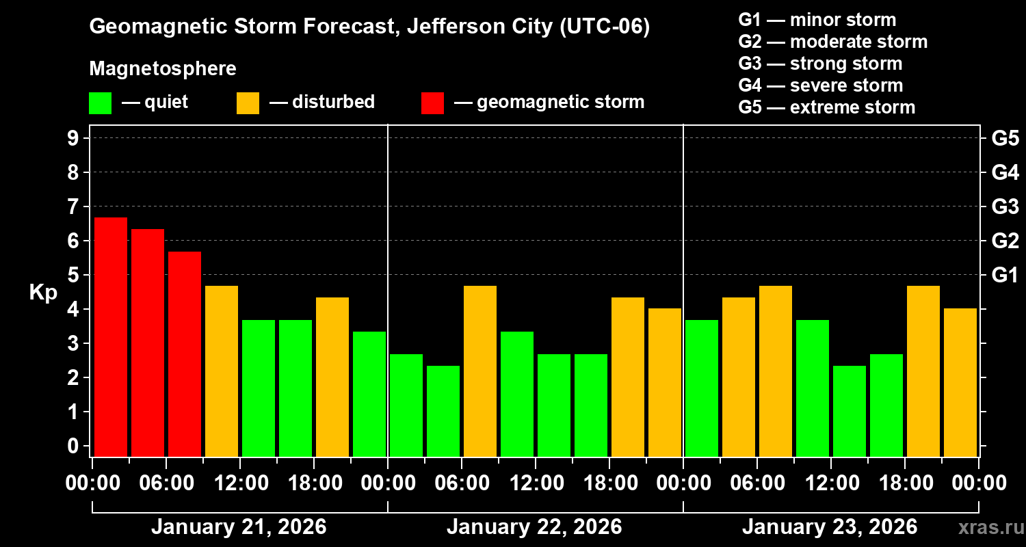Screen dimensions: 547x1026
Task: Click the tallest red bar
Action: coord(111,336)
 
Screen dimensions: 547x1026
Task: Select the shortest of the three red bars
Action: coord(185,353)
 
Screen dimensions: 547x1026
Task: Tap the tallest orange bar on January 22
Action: coord(480,371)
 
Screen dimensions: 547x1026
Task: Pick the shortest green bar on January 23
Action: coord(850,411)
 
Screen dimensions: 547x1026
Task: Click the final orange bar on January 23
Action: coord(960,382)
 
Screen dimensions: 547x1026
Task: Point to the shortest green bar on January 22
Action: coord(443,411)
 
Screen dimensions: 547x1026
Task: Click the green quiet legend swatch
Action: coord(100,103)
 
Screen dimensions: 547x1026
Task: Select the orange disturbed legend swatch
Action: coord(248,103)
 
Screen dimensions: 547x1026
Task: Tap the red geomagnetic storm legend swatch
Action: coord(432,103)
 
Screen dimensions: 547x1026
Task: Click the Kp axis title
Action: coord(43,293)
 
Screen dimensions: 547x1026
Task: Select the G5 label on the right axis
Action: coord(1005,138)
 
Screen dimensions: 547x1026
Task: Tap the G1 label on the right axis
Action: coord(1005,275)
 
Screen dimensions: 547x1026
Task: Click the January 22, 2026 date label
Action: coord(534,527)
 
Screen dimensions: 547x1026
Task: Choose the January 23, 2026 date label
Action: coord(830,527)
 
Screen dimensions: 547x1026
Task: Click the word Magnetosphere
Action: coord(163,69)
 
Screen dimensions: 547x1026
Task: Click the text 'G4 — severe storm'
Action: coord(821,85)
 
